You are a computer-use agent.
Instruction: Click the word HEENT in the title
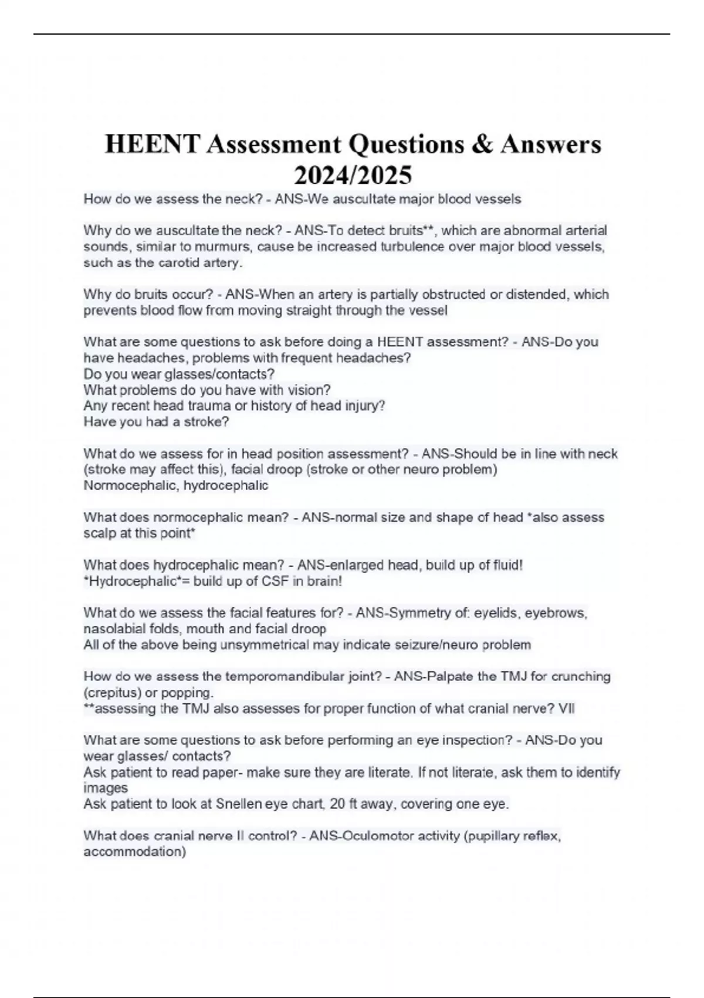coord(152,144)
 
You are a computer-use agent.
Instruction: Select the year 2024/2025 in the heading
coord(353,175)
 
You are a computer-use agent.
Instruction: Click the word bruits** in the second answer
coord(409,230)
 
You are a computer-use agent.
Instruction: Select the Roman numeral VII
coord(567,709)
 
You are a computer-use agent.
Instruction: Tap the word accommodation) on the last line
coord(134,851)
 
